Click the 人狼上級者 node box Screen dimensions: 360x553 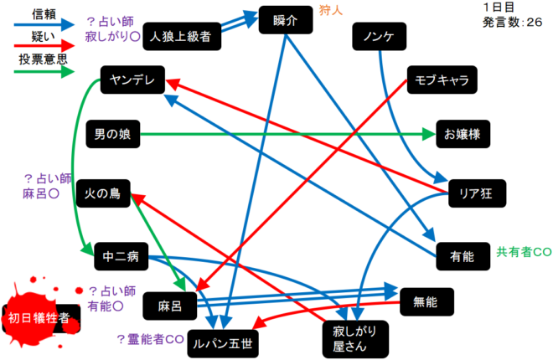pyautogui.click(x=181, y=37)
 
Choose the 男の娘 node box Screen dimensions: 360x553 pyautogui.click(x=111, y=133)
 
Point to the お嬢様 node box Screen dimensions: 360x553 pyautogui.click(x=462, y=133)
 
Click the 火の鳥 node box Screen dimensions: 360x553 pyautogui.click(x=103, y=193)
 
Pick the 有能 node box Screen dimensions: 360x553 pyautogui.click(x=462, y=256)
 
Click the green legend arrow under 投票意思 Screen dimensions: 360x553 pyautogui.click(x=39, y=73)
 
